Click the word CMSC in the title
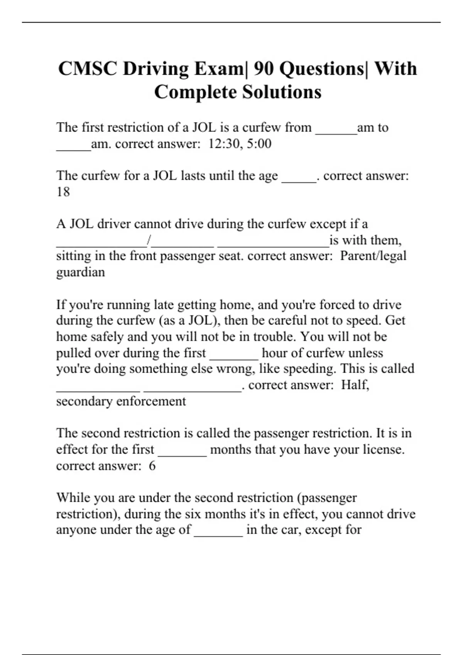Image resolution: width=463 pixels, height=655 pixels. (88, 69)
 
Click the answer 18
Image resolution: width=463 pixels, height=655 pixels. (63, 192)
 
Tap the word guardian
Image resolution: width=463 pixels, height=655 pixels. (80, 272)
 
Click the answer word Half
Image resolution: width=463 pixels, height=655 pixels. (355, 385)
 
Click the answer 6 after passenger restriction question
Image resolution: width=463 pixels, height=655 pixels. (152, 466)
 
